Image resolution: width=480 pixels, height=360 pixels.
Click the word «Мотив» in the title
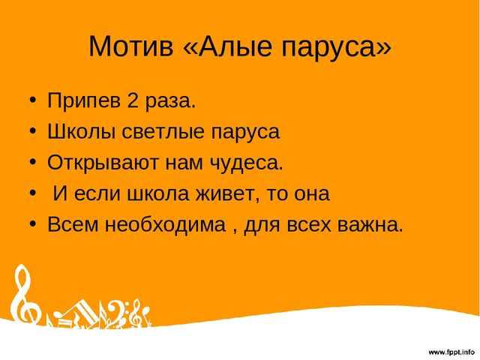click(131, 46)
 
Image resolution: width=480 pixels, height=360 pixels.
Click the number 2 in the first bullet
click(133, 100)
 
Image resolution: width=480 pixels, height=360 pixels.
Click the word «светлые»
click(163, 132)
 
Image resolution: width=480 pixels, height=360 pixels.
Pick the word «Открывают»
click(103, 163)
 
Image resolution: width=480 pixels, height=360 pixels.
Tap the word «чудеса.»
click(247, 163)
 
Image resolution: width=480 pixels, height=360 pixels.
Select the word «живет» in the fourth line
click(225, 194)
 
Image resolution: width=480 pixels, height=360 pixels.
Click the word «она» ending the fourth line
click(312, 194)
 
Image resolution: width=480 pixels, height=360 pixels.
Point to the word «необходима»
click(165, 224)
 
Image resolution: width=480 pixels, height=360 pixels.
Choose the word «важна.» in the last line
click(370, 225)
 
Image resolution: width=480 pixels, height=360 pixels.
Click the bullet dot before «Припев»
click(33, 100)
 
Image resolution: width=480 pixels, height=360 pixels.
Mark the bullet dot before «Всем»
click(33, 223)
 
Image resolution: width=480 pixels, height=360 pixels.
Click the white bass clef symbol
click(115, 313)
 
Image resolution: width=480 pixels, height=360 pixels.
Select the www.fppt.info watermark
click(451, 352)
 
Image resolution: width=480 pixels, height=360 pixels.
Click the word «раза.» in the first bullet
click(170, 101)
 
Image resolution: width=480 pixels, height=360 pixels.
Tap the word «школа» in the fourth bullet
click(158, 194)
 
